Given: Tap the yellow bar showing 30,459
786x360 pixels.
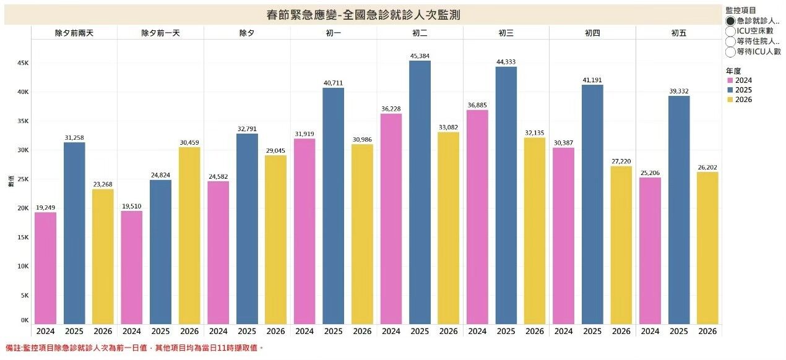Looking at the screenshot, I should click(189, 235).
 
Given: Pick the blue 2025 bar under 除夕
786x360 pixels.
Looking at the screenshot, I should click(247, 228).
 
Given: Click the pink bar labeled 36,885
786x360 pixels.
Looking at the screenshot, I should click(477, 216).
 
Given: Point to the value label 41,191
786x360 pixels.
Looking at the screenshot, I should click(592, 79).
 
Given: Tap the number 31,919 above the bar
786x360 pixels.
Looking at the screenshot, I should click(304, 133).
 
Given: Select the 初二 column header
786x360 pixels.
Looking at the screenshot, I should click(420, 32).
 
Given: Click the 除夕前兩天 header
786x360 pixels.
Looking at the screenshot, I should click(74, 32).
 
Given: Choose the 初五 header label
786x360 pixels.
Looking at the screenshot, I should click(678, 32).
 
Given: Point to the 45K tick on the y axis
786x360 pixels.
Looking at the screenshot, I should click(22, 63).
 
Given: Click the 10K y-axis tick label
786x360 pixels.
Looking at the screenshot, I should click(22, 266).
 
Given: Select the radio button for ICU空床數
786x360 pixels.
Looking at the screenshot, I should click(730, 31).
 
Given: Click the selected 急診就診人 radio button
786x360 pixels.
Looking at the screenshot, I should click(730, 20).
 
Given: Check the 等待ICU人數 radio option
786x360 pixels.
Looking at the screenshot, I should click(730, 52).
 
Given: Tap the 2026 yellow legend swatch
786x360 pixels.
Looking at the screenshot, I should click(730, 100).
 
